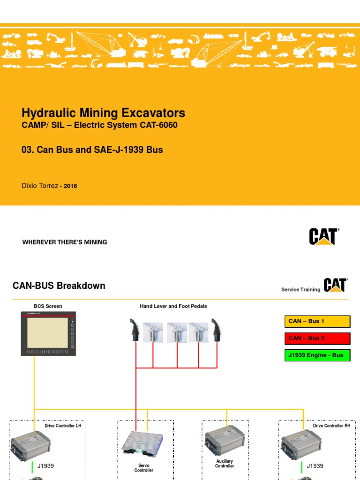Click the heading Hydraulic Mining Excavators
(x=103, y=113)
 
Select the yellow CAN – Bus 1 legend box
(x=317, y=321)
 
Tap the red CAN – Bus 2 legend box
(x=317, y=338)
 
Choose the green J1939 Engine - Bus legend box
(x=317, y=355)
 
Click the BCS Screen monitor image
(x=48, y=333)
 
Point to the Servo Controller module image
(x=142, y=443)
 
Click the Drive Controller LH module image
(x=31, y=443)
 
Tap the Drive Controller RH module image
(x=300, y=443)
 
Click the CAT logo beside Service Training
(x=335, y=285)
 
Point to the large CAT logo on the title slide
(x=323, y=237)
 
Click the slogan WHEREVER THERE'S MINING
(x=65, y=242)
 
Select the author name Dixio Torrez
(x=40, y=186)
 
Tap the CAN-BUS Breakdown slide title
(x=59, y=285)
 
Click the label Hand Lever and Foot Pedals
(x=173, y=306)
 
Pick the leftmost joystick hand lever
(x=135, y=330)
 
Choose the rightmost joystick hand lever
(x=217, y=330)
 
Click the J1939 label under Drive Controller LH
(x=45, y=466)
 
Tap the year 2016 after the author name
(x=70, y=186)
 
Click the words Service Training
(x=300, y=290)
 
